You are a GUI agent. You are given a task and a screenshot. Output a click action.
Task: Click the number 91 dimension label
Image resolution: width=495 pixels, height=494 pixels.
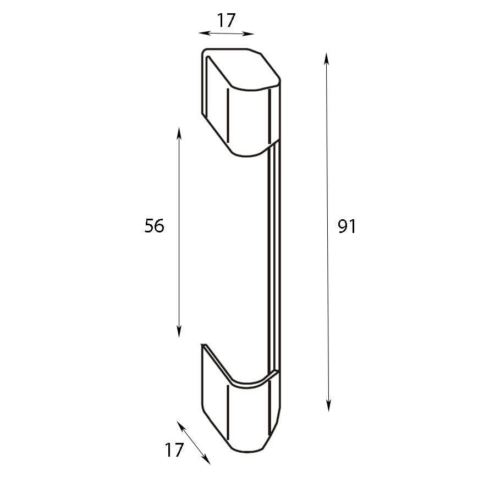click(x=347, y=226)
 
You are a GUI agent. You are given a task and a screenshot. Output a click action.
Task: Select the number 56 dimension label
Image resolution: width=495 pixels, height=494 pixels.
click(x=155, y=225)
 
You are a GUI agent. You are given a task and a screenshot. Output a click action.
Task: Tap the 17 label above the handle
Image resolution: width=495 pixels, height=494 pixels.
click(x=226, y=20)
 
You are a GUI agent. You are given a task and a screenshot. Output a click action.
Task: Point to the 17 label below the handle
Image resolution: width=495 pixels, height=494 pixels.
click(x=174, y=450)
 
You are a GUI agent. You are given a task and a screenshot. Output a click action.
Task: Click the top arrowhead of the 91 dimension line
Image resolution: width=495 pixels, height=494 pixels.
click(x=326, y=57)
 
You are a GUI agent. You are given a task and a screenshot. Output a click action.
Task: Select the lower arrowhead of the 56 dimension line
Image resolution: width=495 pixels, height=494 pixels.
click(x=179, y=332)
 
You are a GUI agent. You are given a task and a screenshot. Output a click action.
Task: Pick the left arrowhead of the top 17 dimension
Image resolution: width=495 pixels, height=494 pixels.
click(x=204, y=33)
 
